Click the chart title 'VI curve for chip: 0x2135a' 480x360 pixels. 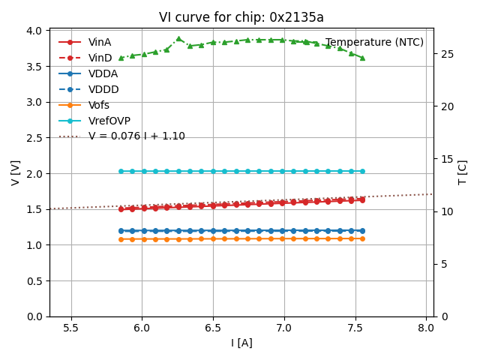point(241,17)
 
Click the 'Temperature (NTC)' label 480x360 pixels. point(374,42)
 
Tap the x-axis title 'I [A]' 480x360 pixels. point(241,343)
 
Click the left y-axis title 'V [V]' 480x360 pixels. point(16,172)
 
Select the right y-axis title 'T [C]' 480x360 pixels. point(462,172)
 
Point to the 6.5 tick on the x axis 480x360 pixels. point(213,328)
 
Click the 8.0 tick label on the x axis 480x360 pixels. point(426,328)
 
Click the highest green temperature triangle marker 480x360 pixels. point(178,38)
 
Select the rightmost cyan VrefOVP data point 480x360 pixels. point(362,171)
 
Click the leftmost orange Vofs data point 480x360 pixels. point(121,239)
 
